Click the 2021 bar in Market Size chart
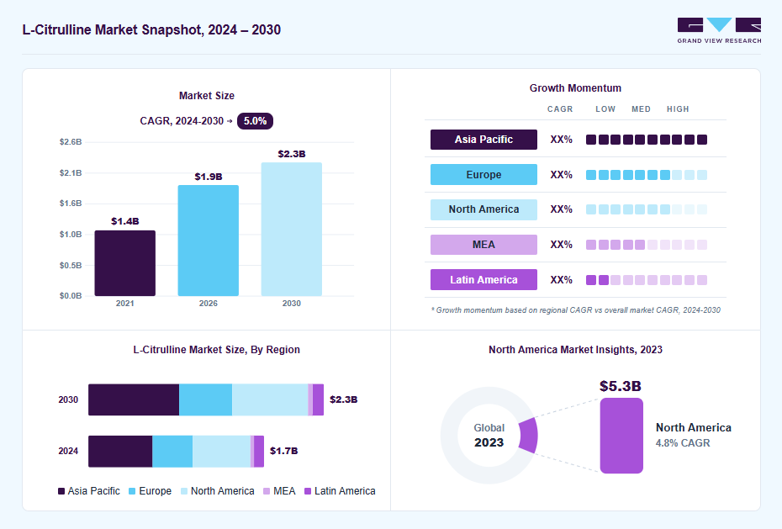tap(124, 263)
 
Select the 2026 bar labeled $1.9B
tap(208, 241)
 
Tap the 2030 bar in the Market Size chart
tap(291, 230)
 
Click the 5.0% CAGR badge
tap(255, 121)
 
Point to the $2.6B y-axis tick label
tap(71, 142)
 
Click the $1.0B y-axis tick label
tap(71, 235)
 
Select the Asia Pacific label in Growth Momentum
tap(483, 140)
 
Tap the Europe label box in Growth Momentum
tap(483, 174)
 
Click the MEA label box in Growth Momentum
tap(483, 245)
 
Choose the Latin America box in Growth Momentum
tap(483, 280)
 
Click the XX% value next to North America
tap(561, 209)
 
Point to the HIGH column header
tap(678, 109)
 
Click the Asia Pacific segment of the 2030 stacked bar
tap(134, 399)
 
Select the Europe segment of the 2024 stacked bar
tap(172, 452)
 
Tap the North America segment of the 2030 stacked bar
tap(270, 399)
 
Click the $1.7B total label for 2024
tap(283, 451)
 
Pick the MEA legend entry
tap(279, 491)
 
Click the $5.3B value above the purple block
tap(621, 386)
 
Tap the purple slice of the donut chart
tap(529, 436)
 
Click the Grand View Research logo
tap(719, 30)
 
